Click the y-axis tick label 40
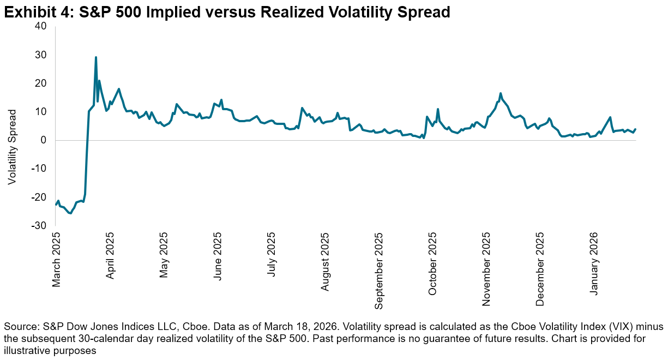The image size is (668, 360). (x=41, y=26)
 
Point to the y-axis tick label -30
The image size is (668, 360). (x=39, y=225)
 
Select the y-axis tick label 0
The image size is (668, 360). (x=44, y=140)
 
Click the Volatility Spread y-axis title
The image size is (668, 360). (x=13, y=147)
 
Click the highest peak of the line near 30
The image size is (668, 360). (x=96, y=57)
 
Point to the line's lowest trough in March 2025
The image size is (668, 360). (x=70, y=213)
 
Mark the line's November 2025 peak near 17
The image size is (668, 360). (x=501, y=93)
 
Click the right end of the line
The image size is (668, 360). (x=635, y=129)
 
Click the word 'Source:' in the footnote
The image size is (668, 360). (x=19, y=327)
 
